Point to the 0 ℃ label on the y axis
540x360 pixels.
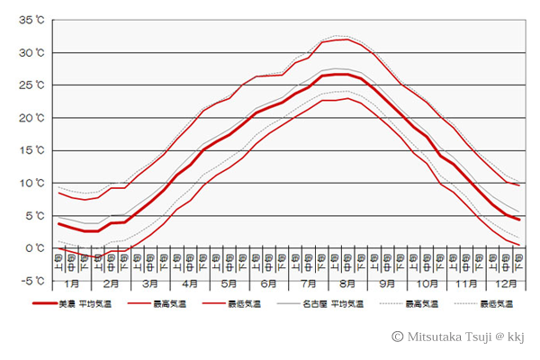click(35, 247)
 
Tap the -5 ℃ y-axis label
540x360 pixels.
click(32, 280)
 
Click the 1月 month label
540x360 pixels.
click(72, 283)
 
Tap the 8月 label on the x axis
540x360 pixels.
click(346, 283)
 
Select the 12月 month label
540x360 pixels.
click(504, 283)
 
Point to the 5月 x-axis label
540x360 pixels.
click(229, 283)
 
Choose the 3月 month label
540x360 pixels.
click(150, 283)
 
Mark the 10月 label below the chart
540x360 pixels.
click(425, 283)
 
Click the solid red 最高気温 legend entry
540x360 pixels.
click(160, 304)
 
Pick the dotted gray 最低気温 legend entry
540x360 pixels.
click(496, 304)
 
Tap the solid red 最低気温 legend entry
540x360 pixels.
click(242, 304)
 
